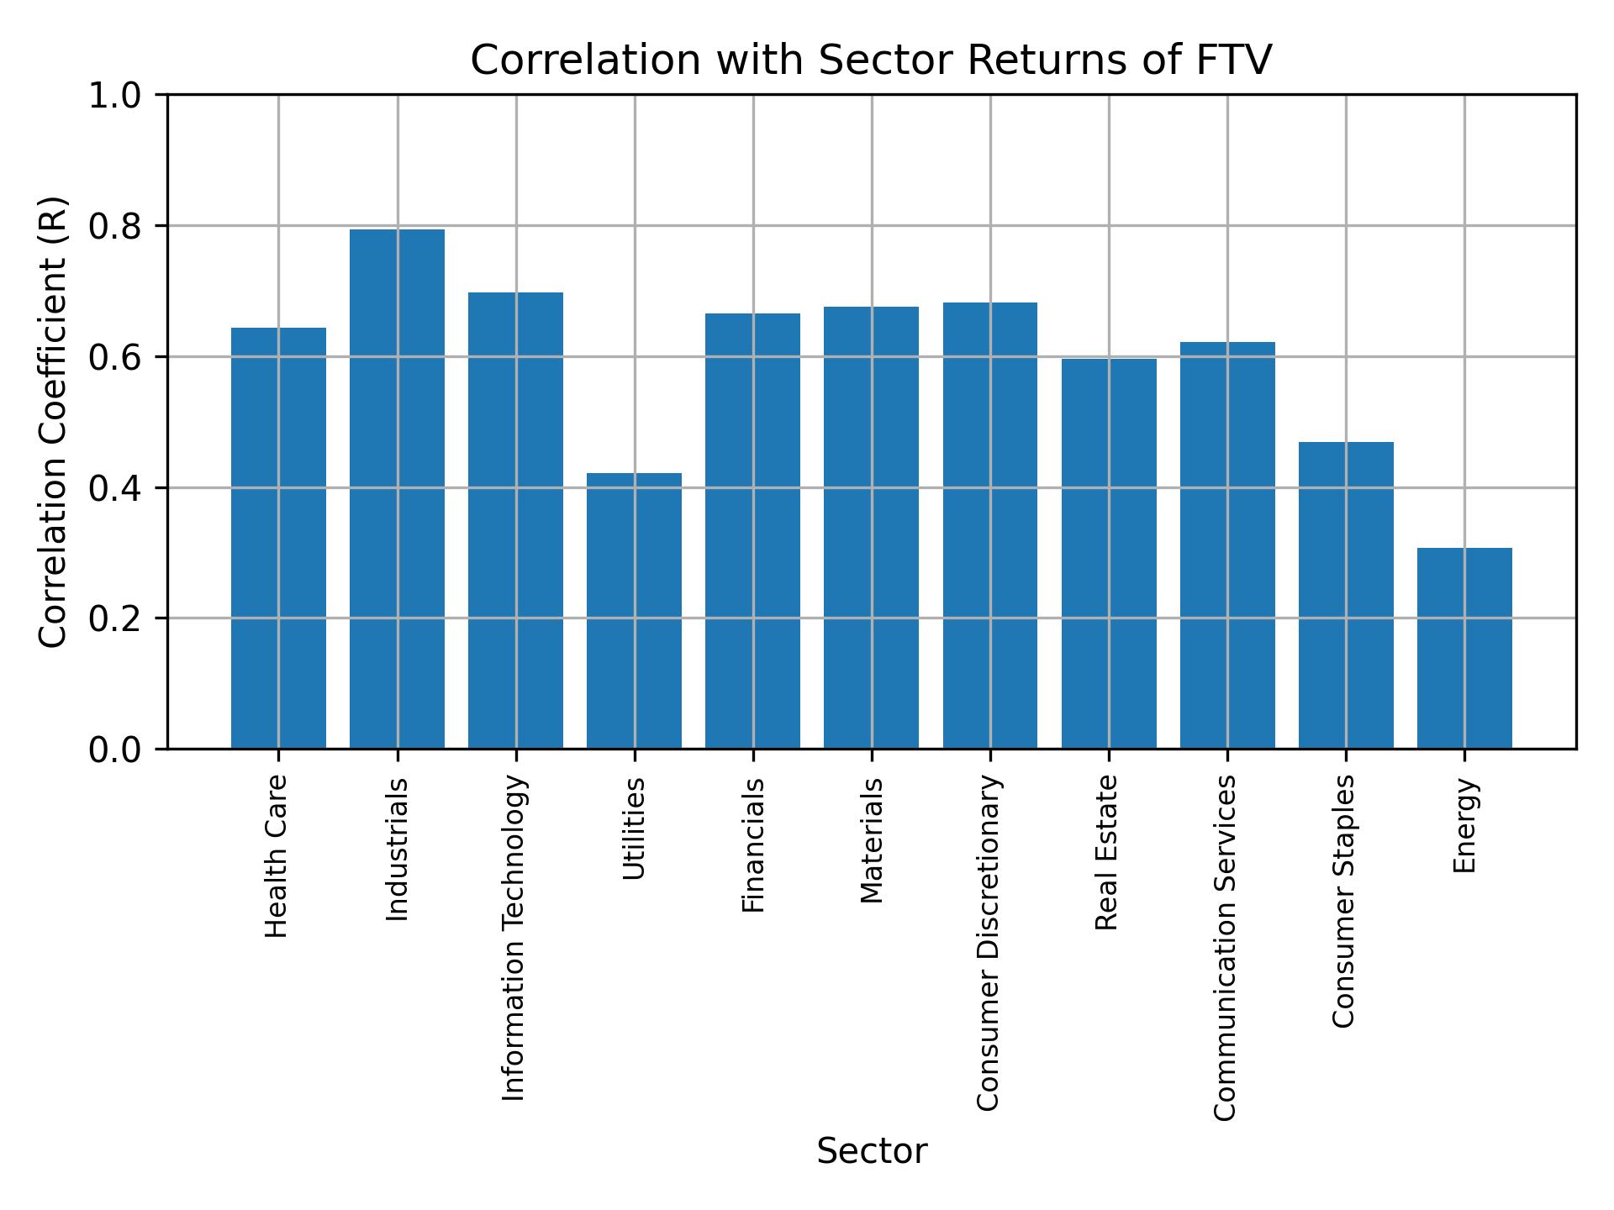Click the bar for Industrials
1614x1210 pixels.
point(397,488)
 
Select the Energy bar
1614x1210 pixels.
point(1464,648)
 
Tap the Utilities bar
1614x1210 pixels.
point(634,610)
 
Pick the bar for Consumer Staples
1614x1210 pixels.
point(1346,595)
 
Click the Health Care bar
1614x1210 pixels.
point(278,538)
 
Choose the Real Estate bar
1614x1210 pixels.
point(1109,553)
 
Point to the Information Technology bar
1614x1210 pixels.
point(515,520)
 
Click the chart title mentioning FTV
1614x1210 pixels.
point(871,60)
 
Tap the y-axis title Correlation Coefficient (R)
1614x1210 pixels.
point(53,422)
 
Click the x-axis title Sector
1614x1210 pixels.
point(872,1151)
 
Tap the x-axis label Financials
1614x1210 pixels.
point(753,844)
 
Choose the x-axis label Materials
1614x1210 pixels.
point(872,840)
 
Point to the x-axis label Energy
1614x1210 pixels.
point(1464,825)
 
